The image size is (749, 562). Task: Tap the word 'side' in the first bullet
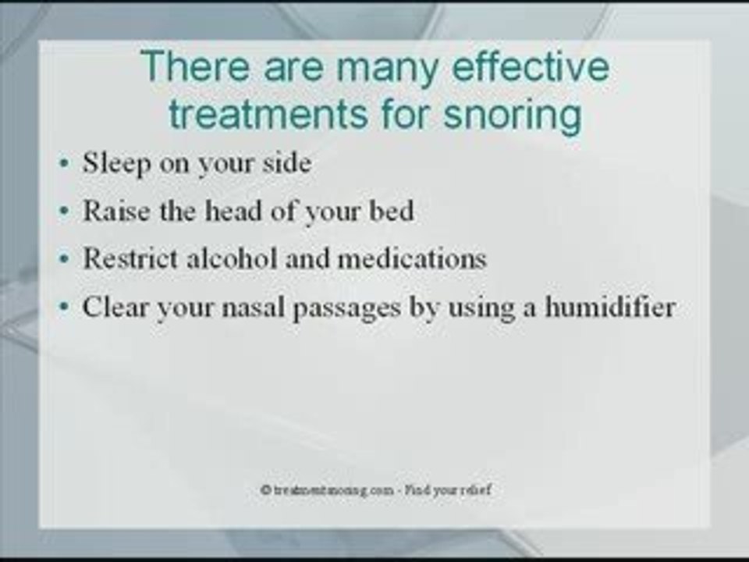[x=287, y=164]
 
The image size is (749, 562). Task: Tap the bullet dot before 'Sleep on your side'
[x=62, y=165]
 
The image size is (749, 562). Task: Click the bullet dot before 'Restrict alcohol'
[x=62, y=260]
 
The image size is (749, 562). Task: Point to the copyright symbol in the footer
[x=266, y=489]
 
